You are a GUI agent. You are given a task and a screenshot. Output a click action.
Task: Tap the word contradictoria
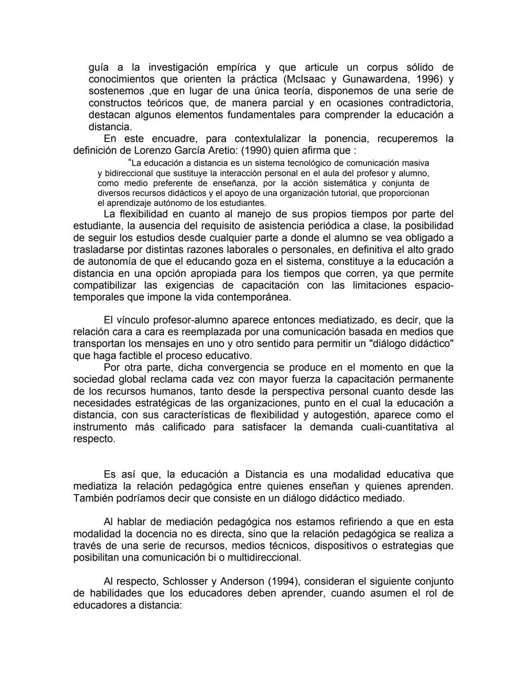pyautogui.click(x=421, y=103)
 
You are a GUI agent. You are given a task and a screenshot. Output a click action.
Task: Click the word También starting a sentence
pyautogui.click(x=93, y=498)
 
